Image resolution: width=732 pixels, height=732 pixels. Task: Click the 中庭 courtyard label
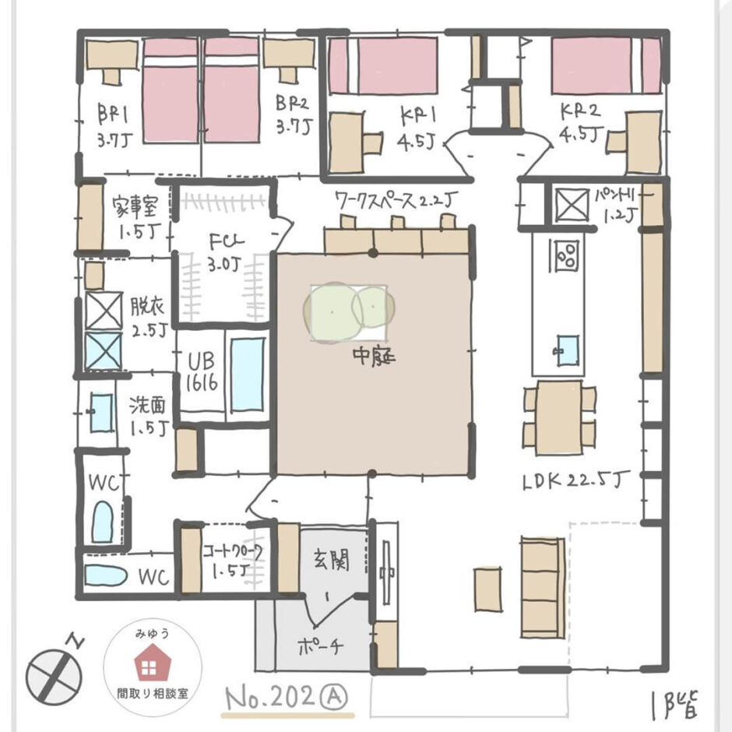tap(375, 360)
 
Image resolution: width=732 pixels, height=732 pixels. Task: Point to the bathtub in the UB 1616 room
tap(247, 371)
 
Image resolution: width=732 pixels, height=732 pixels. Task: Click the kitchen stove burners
tap(567, 254)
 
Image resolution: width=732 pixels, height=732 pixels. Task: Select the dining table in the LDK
tap(559, 417)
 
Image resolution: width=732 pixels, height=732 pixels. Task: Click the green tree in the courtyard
tap(348, 309)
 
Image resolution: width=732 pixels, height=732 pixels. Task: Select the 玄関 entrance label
tap(330, 561)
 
